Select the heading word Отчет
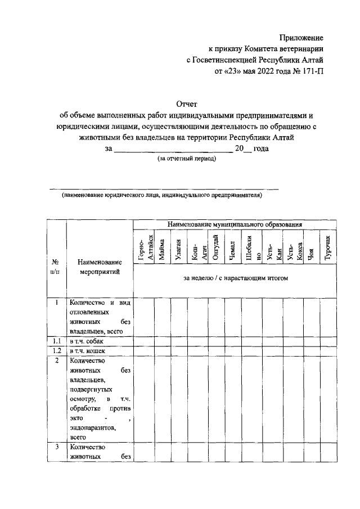(x=187, y=104)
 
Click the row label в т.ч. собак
(x=87, y=341)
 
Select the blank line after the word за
(x=173, y=149)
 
